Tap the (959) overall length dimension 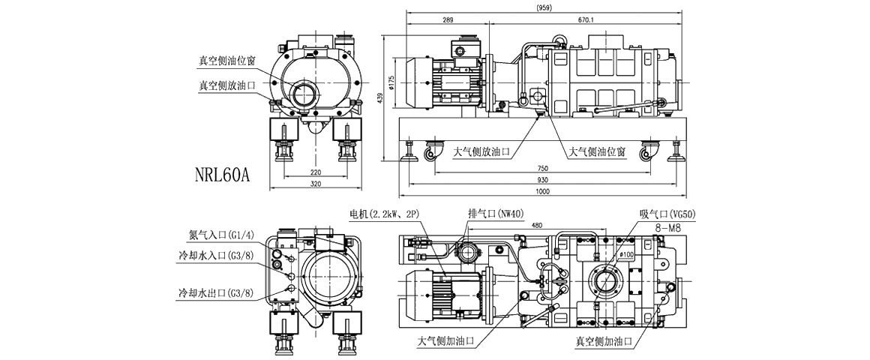click(x=546, y=7)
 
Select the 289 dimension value click(x=448, y=20)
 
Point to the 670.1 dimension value click(x=586, y=20)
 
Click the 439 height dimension click(x=382, y=98)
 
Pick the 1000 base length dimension click(x=545, y=193)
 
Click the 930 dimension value click(x=545, y=181)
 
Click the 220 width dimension click(x=315, y=172)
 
